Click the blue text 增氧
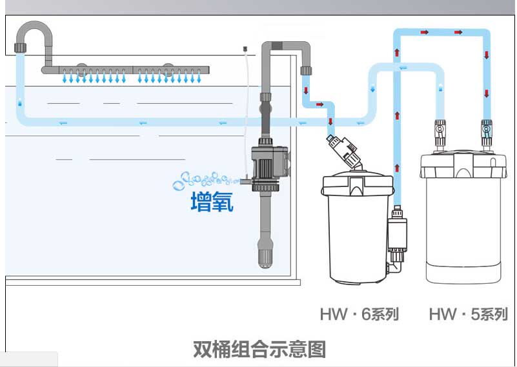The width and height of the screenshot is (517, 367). (212, 202)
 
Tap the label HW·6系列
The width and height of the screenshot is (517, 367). (359, 315)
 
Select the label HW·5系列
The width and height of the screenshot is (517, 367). (468, 315)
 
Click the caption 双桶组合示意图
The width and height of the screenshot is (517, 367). (259, 349)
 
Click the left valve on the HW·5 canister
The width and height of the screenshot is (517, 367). (439, 131)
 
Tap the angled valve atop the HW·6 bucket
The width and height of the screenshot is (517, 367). (344, 149)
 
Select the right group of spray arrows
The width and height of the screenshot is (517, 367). (170, 79)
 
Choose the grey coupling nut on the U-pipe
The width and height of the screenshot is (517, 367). (20, 47)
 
